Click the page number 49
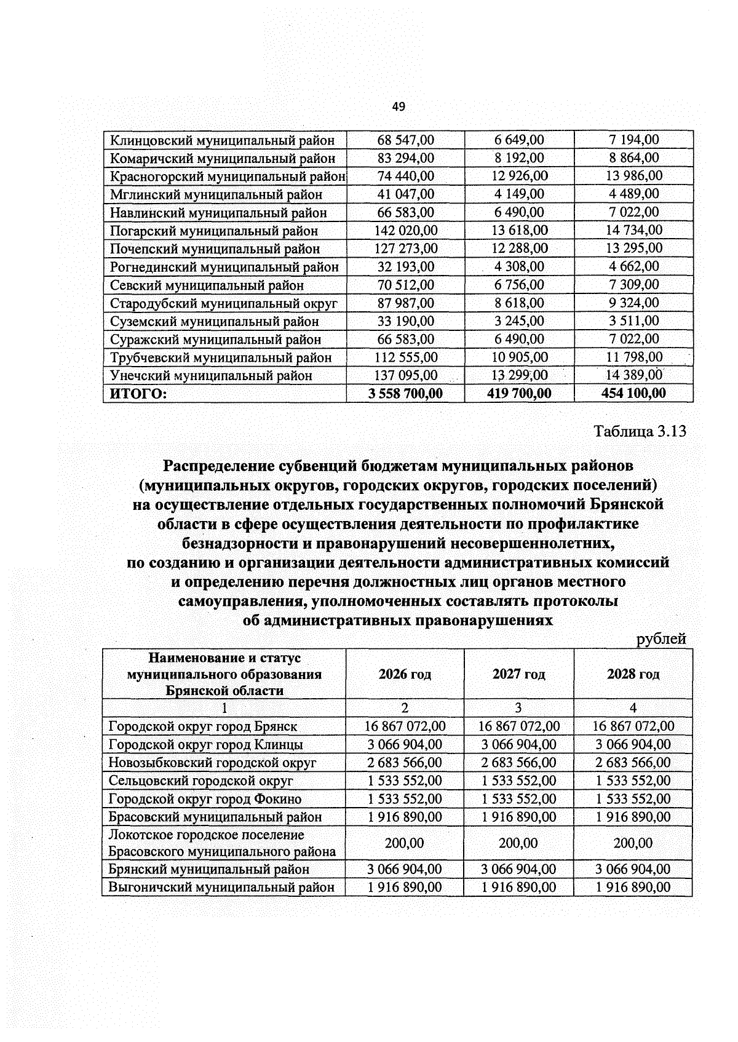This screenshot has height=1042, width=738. point(399,107)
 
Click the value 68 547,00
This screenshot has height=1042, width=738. point(405,140)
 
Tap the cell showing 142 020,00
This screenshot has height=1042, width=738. point(405,231)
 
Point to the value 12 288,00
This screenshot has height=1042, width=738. point(519,249)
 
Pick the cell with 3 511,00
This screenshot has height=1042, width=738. point(633,321)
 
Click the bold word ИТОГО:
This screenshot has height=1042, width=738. point(138,394)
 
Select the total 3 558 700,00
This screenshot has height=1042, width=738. point(405,394)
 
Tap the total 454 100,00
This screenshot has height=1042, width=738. point(633,394)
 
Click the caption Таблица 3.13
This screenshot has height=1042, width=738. point(640,431)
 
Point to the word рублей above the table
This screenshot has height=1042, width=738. point(661,639)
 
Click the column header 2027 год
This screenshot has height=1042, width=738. point(518,674)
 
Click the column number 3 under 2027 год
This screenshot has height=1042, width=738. point(518,708)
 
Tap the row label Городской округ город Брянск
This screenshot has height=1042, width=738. point(203,726)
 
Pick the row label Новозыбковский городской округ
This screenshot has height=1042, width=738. point(212,763)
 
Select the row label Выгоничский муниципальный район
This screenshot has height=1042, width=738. point(221,888)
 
